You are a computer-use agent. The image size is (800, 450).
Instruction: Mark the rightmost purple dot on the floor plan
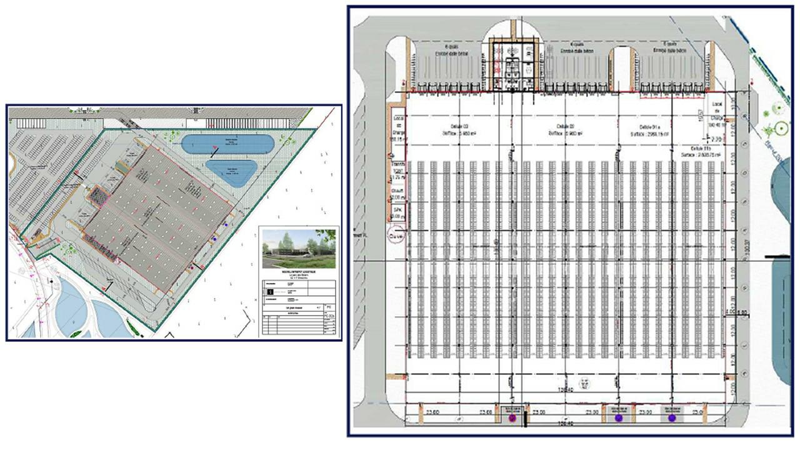click(x=672, y=417)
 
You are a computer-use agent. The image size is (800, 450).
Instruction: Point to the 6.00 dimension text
click(x=742, y=313)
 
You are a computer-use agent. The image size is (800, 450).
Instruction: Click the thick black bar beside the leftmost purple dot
click(x=525, y=419)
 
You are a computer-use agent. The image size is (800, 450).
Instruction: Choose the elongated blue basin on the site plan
click(x=227, y=144)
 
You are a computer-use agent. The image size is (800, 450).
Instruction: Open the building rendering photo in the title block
click(x=299, y=243)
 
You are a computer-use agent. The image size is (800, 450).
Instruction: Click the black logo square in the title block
click(x=270, y=291)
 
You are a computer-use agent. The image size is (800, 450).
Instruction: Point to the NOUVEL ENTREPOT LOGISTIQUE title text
click(x=298, y=273)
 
